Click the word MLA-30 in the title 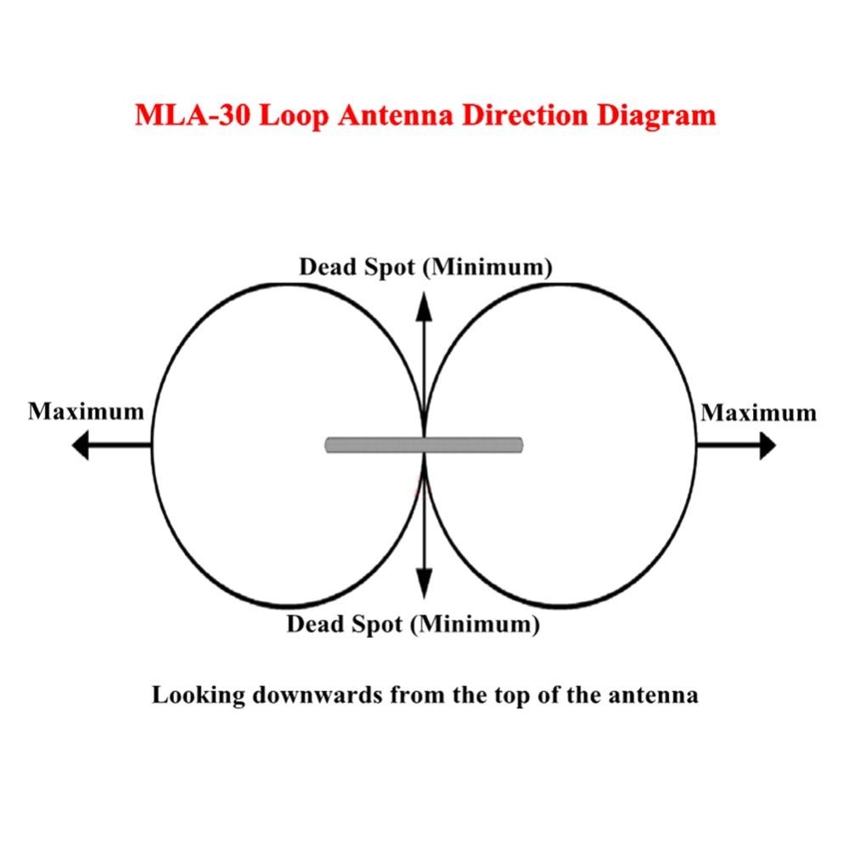(x=192, y=115)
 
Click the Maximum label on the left (x=86, y=412)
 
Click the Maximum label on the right (x=758, y=413)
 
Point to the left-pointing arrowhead (x=80, y=445)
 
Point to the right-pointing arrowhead (x=767, y=445)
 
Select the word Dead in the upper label (x=327, y=267)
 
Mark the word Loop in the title (x=287, y=115)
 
